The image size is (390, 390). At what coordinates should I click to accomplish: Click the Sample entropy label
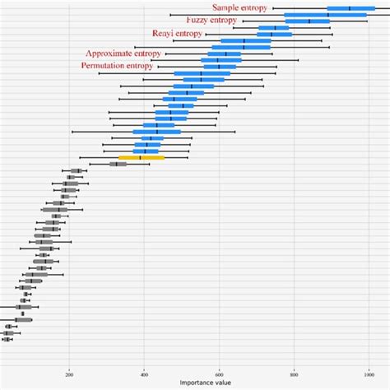click(x=240, y=7)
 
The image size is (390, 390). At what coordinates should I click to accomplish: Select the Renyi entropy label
click(x=177, y=34)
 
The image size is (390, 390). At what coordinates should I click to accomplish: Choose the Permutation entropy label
click(x=117, y=65)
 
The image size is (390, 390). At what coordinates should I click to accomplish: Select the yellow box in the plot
click(x=142, y=157)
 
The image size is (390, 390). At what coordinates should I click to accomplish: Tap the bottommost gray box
click(x=7, y=338)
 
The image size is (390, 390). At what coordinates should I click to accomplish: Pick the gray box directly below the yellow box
click(x=118, y=164)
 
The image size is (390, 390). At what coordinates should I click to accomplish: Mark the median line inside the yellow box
click(x=141, y=157)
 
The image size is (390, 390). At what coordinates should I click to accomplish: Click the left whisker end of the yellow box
click(x=80, y=157)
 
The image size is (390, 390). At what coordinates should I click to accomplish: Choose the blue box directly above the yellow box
click(x=146, y=151)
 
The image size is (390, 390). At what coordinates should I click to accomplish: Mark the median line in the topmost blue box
click(x=350, y=8)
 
